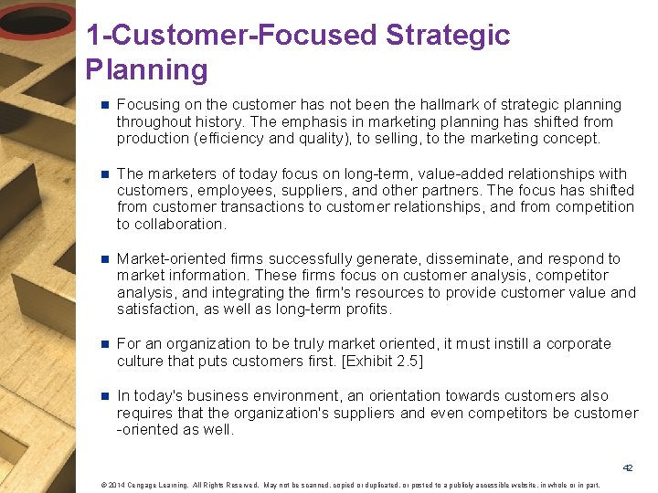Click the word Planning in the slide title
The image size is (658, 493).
pos(146,70)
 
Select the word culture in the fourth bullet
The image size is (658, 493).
pos(142,362)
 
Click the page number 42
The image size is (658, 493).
pos(628,467)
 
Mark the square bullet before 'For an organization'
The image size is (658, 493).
pos(104,344)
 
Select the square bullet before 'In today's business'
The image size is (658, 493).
pos(104,396)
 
